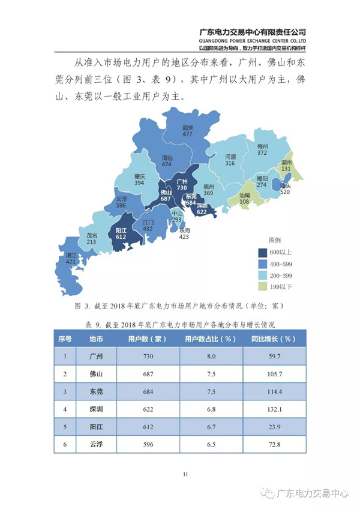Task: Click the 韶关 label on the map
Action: point(188,127)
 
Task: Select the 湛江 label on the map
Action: point(71,254)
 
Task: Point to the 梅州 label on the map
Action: point(262,146)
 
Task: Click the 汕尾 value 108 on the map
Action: point(244,203)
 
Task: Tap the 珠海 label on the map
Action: point(184,230)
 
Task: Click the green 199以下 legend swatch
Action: point(263,286)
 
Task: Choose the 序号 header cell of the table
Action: point(65,339)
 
